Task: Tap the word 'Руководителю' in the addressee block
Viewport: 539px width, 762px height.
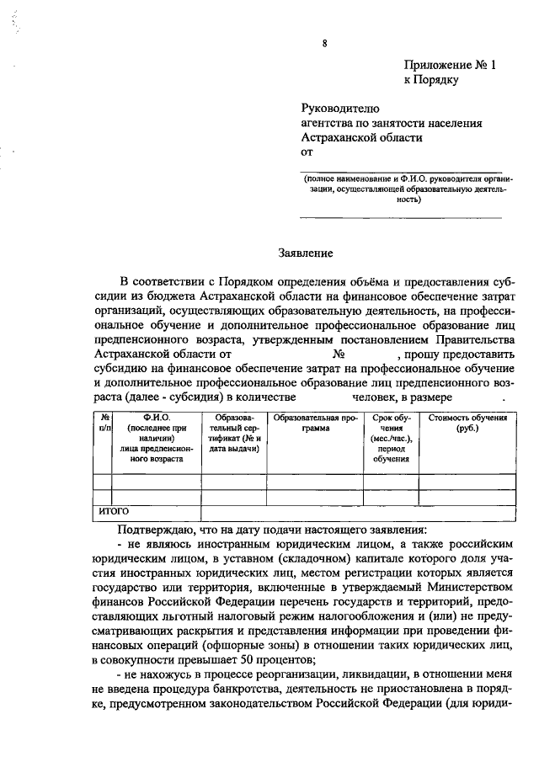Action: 341,108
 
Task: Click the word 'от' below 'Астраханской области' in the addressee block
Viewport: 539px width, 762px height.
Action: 307,152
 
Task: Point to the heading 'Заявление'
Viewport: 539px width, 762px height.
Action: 307,252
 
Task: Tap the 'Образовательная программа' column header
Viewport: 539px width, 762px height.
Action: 318,424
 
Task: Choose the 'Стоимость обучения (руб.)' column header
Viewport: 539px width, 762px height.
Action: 467,424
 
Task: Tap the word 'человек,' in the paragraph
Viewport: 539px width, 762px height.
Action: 376,397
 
